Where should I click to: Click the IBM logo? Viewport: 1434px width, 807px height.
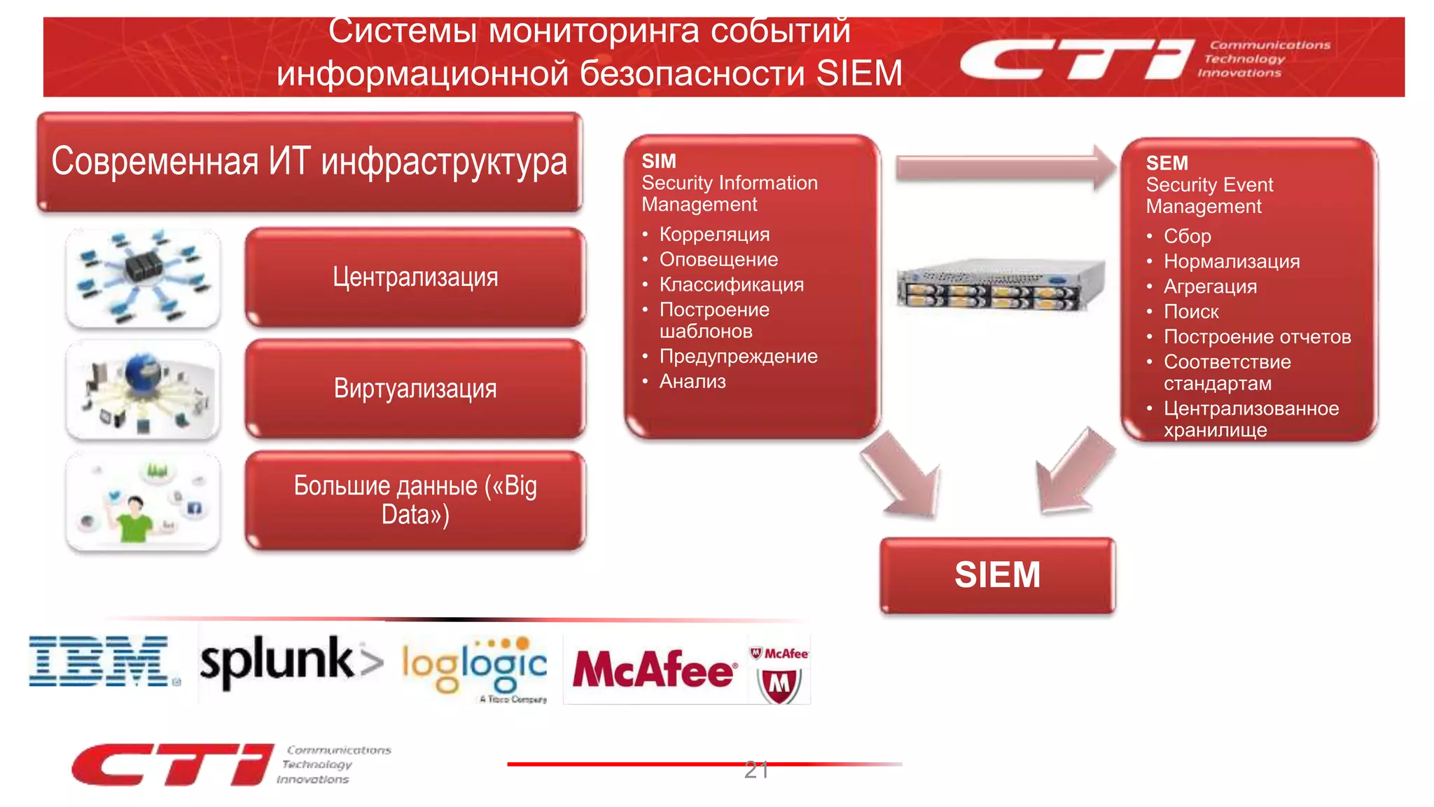pos(99,661)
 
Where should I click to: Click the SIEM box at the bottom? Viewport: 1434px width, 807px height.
pos(997,575)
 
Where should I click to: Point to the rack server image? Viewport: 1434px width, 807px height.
pos(1001,284)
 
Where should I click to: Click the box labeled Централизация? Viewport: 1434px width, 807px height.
pos(415,277)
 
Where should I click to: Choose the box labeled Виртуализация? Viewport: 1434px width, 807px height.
pos(415,389)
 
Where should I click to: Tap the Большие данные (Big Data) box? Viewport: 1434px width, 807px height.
pos(415,500)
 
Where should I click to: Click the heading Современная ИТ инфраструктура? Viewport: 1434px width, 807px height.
pos(309,161)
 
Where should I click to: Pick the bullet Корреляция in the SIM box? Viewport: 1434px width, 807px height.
pos(714,235)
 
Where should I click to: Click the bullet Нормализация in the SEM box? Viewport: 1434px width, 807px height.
pos(1231,262)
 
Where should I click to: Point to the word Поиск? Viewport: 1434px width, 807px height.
pos(1191,312)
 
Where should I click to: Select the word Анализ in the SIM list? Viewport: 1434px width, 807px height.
pos(692,382)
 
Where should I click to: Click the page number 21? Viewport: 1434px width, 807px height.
pos(756,770)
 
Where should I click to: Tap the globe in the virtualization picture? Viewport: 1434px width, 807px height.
pos(143,371)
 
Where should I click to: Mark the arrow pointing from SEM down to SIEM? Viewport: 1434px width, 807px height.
pos(1073,472)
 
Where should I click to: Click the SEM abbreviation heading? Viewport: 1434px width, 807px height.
pos(1167,163)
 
